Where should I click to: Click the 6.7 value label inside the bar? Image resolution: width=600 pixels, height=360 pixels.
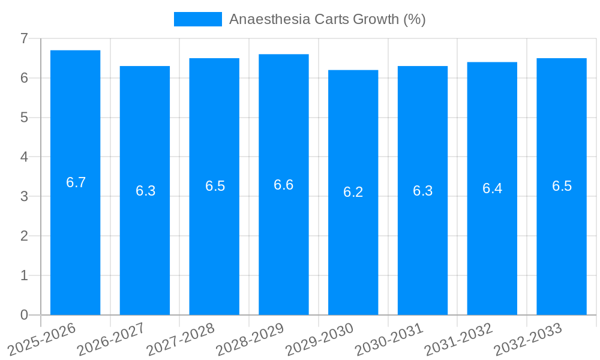tap(76, 182)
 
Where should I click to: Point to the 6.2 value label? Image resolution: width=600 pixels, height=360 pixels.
tap(353, 192)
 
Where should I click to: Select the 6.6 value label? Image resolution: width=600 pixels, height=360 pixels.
tap(283, 185)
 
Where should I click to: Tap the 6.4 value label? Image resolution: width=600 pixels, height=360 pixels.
tap(492, 188)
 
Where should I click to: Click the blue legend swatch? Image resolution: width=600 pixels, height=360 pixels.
tap(197, 19)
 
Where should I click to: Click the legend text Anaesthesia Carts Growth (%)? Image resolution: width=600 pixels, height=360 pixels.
tap(327, 19)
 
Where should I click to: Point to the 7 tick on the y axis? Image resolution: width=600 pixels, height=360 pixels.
tap(24, 38)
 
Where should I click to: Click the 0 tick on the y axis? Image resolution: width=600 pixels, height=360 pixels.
tap(24, 315)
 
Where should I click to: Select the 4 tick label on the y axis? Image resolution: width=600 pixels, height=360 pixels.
tap(24, 157)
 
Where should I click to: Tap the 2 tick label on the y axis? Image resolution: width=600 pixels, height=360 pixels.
tap(24, 236)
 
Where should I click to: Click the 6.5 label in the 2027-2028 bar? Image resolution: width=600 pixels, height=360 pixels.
tap(215, 186)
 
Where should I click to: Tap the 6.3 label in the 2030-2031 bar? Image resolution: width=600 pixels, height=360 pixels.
tap(422, 191)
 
